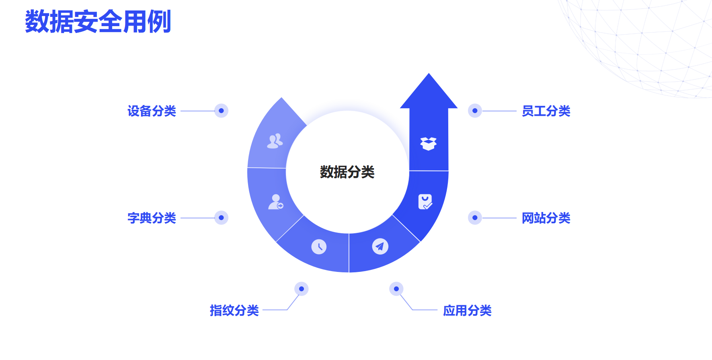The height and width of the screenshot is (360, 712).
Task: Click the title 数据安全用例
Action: [x=98, y=21]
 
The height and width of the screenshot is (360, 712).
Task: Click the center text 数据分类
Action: [x=347, y=172]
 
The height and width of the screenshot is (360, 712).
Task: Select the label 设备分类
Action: [x=152, y=111]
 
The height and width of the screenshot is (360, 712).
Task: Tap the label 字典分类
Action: [x=152, y=218]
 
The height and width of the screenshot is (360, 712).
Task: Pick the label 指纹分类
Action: [x=234, y=311]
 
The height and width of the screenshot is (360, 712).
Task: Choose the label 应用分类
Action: [x=467, y=311]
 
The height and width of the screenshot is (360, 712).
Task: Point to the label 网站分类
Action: [x=546, y=218]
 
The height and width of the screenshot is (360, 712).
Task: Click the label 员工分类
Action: [x=546, y=111]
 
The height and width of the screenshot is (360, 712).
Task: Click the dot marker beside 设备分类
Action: [x=221, y=111]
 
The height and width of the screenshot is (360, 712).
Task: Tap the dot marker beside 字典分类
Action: [x=221, y=218]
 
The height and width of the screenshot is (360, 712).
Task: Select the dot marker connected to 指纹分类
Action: [x=302, y=289]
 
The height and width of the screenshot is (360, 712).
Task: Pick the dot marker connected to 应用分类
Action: [x=396, y=289]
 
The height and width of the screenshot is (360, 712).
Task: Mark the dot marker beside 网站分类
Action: [x=475, y=218]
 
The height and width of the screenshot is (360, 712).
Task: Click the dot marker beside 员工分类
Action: [x=475, y=111]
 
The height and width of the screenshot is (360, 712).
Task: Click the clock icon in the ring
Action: [x=319, y=247]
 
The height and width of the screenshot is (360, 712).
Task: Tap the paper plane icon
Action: [x=380, y=246]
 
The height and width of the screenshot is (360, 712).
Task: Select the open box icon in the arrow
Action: [x=428, y=144]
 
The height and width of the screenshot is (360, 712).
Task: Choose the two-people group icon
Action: [x=275, y=141]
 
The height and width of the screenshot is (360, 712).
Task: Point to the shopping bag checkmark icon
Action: [x=425, y=202]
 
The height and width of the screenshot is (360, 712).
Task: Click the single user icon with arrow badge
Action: [x=276, y=202]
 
